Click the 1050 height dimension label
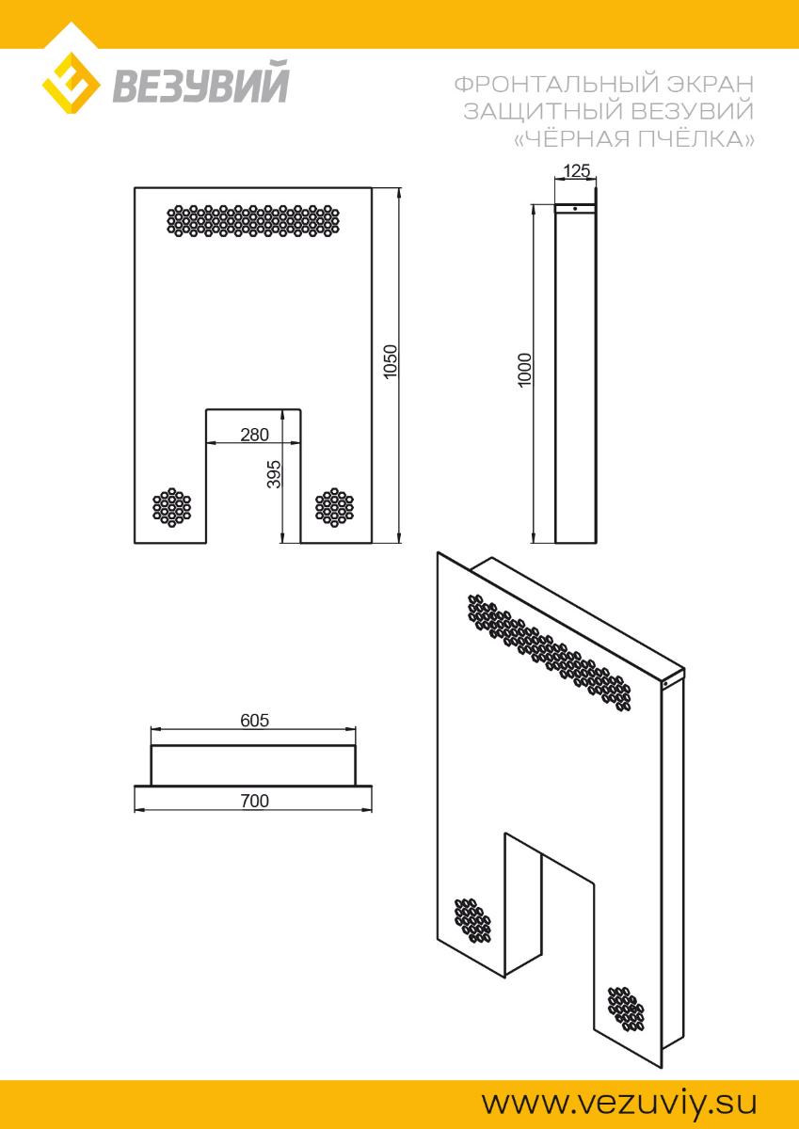coord(391,361)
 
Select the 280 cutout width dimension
coord(255,435)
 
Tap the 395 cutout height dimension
coord(274,474)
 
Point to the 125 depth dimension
coord(576,171)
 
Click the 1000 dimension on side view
coord(525,371)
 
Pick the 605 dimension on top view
coord(255,721)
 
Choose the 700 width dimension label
coord(255,801)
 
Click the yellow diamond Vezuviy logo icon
coord(71,83)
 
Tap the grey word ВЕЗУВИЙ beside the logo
coord(200,82)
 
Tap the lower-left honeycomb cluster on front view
coord(172,507)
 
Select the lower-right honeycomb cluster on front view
coord(335,507)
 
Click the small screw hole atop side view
coord(575,208)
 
